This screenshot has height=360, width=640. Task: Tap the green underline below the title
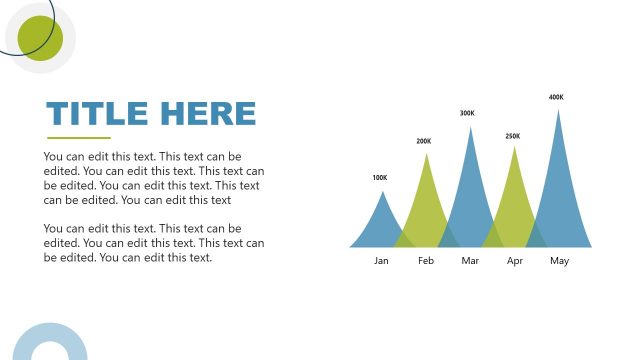pyautogui.click(x=79, y=137)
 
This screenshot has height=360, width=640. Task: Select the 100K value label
pyautogui.click(x=380, y=178)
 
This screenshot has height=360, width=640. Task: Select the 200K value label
pyautogui.click(x=424, y=141)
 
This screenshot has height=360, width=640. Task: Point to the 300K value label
pyautogui.click(x=467, y=113)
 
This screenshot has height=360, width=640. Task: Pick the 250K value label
pyautogui.click(x=513, y=135)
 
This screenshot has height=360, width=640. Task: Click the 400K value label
pyautogui.click(x=556, y=97)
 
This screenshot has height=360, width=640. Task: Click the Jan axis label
pyautogui.click(x=381, y=261)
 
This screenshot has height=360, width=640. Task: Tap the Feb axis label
pyautogui.click(x=426, y=261)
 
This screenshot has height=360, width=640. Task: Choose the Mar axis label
pyautogui.click(x=471, y=261)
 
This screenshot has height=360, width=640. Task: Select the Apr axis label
pyautogui.click(x=515, y=261)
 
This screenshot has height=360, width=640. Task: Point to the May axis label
pyautogui.click(x=559, y=261)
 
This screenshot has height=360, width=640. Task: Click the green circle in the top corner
pyautogui.click(x=41, y=38)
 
